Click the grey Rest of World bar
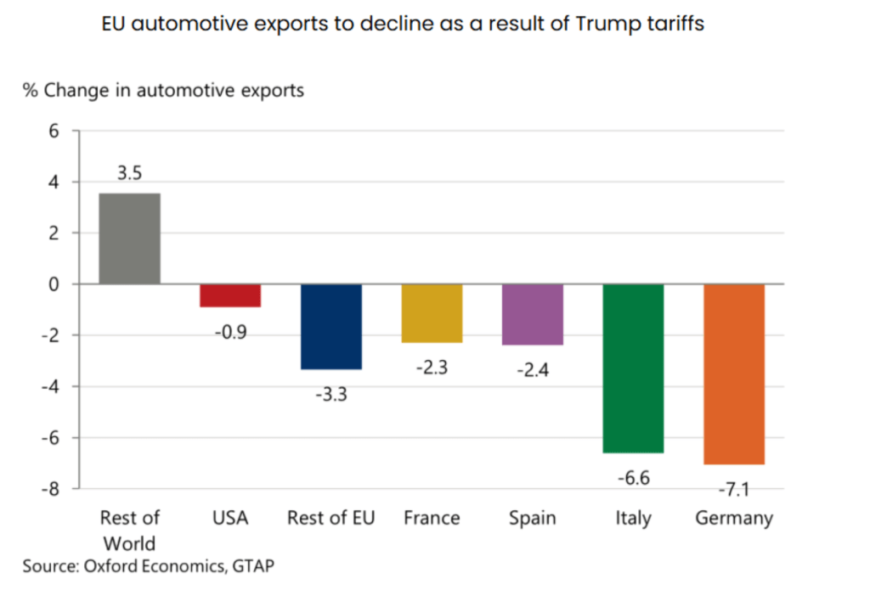[130, 239]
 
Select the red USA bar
[230, 295]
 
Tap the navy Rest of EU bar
[330, 326]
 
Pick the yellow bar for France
[432, 313]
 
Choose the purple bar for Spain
[532, 314]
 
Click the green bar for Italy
[633, 368]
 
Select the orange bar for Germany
[734, 374]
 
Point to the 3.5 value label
[130, 174]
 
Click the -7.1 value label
[733, 491]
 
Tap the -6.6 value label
[633, 479]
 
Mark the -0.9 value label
[230, 332]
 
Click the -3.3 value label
[330, 394]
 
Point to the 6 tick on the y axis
[54, 131]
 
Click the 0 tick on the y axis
[54, 284]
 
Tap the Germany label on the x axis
[734, 518]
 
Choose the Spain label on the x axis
[533, 518]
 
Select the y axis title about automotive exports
[163, 90]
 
